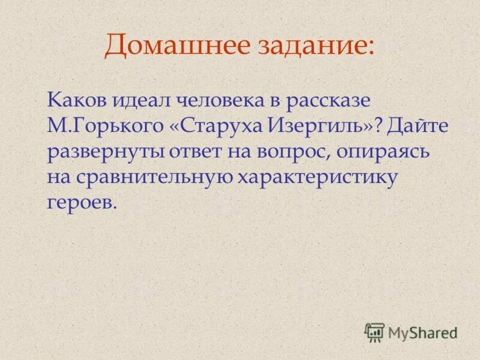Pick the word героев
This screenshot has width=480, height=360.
80,203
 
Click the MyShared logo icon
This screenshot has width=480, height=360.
374,331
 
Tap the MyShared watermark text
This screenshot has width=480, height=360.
422,332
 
